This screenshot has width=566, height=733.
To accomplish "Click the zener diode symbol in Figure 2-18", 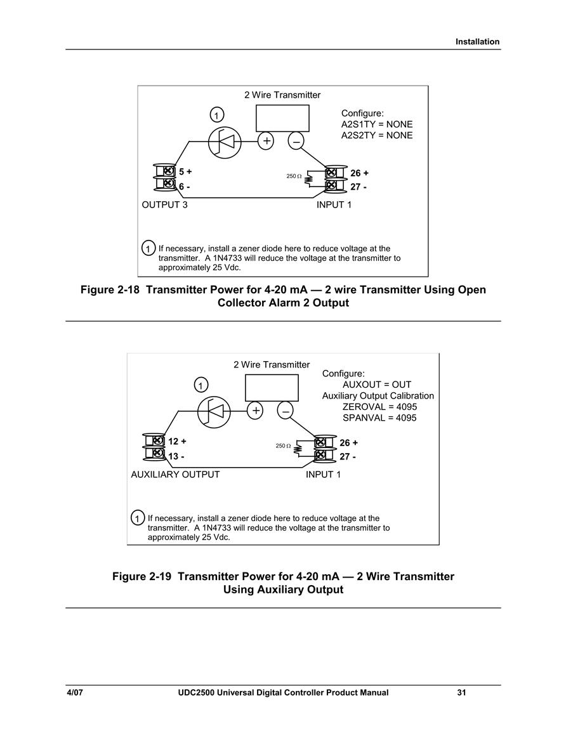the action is coord(225,142).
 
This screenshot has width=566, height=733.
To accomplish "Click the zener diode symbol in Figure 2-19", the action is coord(214,411).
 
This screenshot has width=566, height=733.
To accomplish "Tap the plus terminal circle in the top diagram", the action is coord(266,141).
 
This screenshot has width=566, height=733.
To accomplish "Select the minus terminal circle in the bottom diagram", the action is coord(285,411).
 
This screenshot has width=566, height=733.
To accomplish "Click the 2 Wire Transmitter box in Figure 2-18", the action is coord(282,118).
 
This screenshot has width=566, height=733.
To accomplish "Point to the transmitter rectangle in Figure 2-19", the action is coord(272,388).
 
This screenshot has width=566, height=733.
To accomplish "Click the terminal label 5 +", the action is coord(185,171).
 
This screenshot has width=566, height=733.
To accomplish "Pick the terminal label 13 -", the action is coord(176,456).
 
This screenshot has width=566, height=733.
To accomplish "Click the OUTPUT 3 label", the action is coord(164,205).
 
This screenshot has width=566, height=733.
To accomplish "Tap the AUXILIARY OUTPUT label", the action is coord(175,475).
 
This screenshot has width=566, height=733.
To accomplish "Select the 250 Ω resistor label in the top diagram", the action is coord(294,176).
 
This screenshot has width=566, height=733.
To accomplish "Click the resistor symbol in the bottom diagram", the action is coord(298,448).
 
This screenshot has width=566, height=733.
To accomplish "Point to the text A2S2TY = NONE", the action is coord(377,136).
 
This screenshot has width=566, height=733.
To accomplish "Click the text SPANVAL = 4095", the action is coord(379,418).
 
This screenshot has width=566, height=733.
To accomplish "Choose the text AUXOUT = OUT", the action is coord(377,385).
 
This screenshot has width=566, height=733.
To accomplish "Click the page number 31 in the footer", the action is coord(461,693).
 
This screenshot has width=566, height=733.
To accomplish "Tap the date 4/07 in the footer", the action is coord(74,693).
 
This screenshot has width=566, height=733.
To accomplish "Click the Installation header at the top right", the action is coord(478,42).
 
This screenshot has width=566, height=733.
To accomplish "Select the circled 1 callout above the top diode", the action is coord(216,114).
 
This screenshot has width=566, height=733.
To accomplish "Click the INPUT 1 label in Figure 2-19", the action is coord(323,475).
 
